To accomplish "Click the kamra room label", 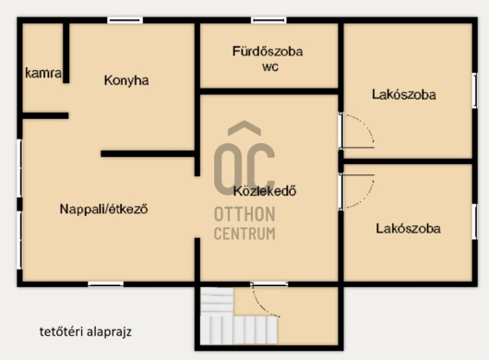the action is click(x=43, y=73).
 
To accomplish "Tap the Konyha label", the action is click(x=126, y=80).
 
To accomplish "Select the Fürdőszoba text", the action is click(x=268, y=52).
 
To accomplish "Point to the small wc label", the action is click(x=270, y=67).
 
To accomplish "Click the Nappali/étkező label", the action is click(x=103, y=209).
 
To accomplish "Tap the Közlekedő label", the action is click(x=265, y=191).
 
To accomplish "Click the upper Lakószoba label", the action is click(x=404, y=94).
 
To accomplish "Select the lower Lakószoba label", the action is click(x=408, y=228).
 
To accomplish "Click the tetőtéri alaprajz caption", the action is click(x=86, y=331).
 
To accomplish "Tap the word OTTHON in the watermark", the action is click(x=244, y=214).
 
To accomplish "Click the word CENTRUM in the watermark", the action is click(x=244, y=234).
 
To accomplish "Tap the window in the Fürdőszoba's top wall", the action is click(x=268, y=20).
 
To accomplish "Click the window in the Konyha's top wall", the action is click(x=125, y=20).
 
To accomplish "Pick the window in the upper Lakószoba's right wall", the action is click(x=474, y=90).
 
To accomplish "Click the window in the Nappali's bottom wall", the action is click(x=106, y=284).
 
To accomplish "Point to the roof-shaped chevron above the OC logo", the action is click(x=244, y=128).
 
